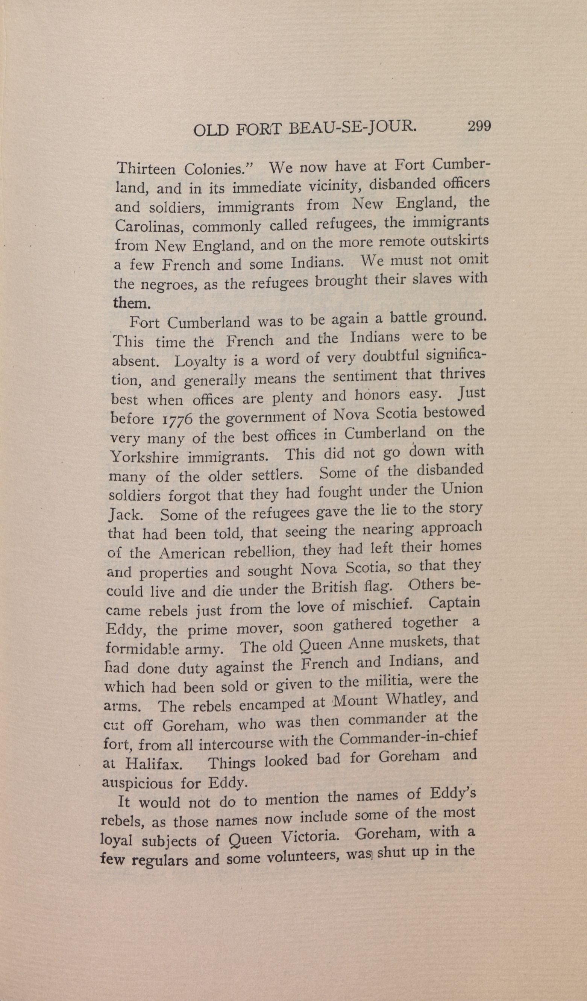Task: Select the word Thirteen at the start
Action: (x=146, y=170)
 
